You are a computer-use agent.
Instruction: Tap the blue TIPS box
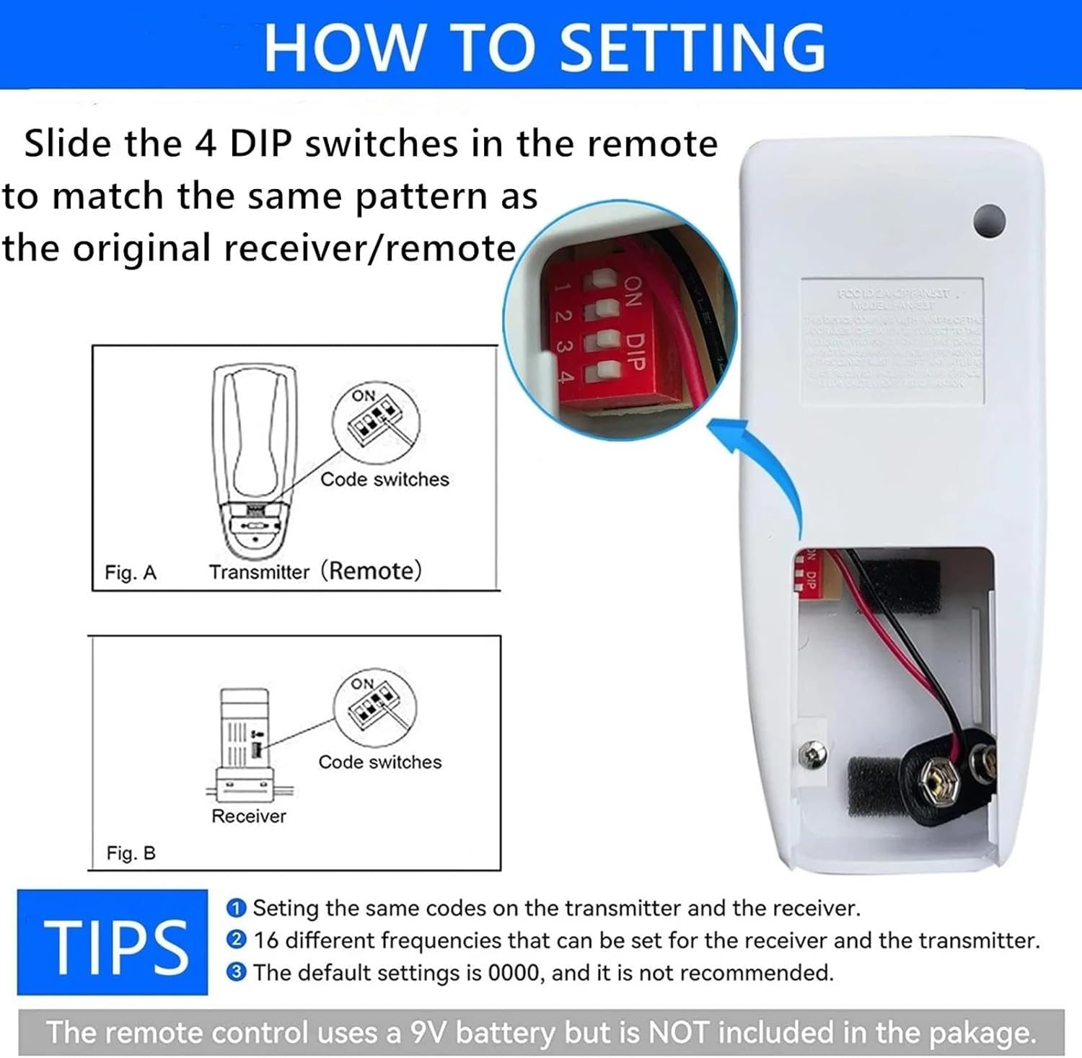point(113,943)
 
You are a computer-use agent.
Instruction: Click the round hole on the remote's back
point(989,220)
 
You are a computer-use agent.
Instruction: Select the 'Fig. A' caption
point(131,573)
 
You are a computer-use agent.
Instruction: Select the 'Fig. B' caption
point(131,853)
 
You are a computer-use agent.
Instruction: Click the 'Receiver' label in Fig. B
point(248,816)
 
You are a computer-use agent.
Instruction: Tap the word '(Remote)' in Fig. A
point(371,570)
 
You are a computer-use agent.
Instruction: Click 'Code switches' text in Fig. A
point(384,480)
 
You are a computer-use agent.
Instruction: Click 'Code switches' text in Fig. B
point(379,762)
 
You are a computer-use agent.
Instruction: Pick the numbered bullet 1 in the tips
point(236,908)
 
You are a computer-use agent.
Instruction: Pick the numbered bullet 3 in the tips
point(236,973)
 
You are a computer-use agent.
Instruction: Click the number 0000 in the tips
point(514,973)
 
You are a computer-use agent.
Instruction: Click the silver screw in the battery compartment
point(813,755)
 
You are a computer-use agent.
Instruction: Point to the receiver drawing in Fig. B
point(245,743)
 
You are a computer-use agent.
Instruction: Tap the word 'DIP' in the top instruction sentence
point(260,144)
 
